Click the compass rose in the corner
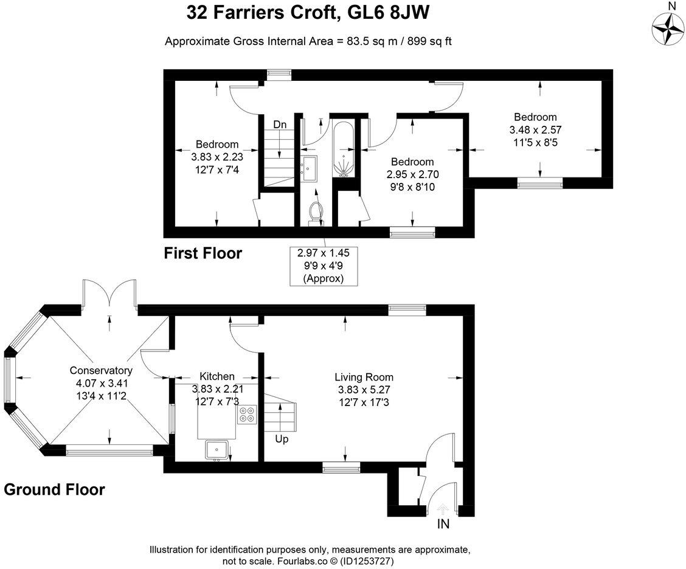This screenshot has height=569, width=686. pyautogui.click(x=668, y=29)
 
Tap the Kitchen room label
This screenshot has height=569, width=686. pyautogui.click(x=217, y=376)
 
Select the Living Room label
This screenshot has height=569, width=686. pyautogui.click(x=364, y=377)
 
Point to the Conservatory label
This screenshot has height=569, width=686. pyautogui.click(x=101, y=370)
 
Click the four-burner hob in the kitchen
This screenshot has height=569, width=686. pyautogui.click(x=247, y=415)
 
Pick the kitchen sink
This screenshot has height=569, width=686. pyautogui.click(x=216, y=450)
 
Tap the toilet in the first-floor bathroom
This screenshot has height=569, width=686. pyautogui.click(x=315, y=214)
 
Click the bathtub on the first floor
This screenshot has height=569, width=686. pyautogui.click(x=344, y=149)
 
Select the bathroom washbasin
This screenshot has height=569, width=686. pyautogui.click(x=309, y=168)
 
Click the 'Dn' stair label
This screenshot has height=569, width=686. pyautogui.click(x=280, y=125)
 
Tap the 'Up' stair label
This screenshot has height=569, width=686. pyautogui.click(x=282, y=439)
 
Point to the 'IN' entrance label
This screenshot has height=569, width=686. pyautogui.click(x=443, y=523)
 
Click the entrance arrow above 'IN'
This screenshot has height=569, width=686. pyautogui.click(x=443, y=509)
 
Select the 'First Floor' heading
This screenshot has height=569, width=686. pyautogui.click(x=203, y=253)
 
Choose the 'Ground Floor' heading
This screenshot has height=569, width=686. pyautogui.click(x=55, y=489)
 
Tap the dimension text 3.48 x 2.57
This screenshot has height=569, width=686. pyautogui.click(x=536, y=130)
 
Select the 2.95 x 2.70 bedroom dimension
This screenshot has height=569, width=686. pyautogui.click(x=412, y=174)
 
